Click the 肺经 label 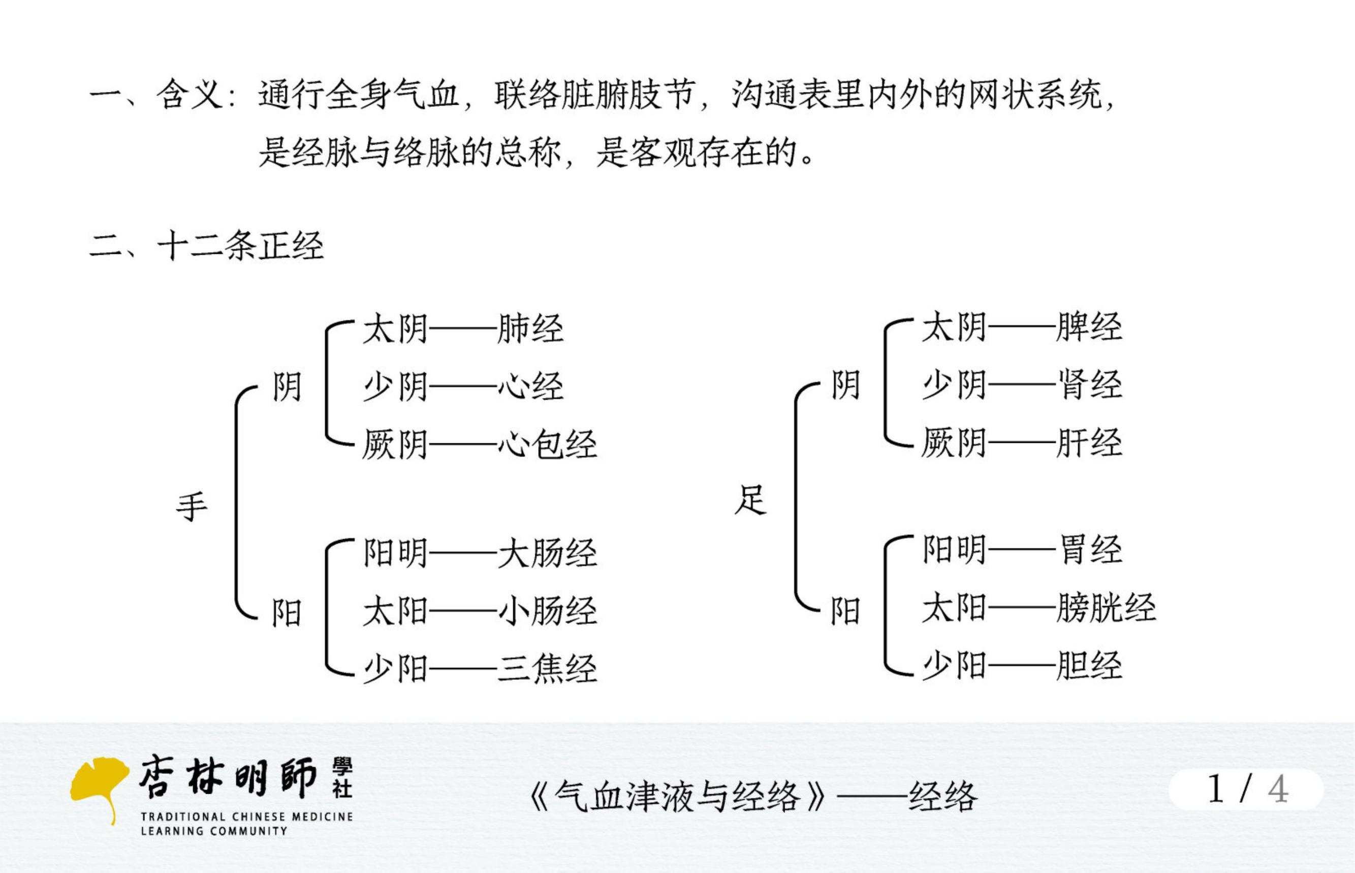click(530, 329)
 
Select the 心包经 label click(547, 444)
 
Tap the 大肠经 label click(547, 553)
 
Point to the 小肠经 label click(547, 611)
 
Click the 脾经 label click(1089, 327)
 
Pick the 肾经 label click(1089, 385)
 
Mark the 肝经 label click(1089, 442)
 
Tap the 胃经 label click(1089, 550)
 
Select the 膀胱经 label click(1106, 608)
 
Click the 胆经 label click(1089, 666)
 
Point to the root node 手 click(192, 507)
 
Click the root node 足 click(750, 499)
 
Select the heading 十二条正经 click(240, 246)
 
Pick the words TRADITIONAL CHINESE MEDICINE click(247, 817)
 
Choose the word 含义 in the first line click(191, 94)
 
